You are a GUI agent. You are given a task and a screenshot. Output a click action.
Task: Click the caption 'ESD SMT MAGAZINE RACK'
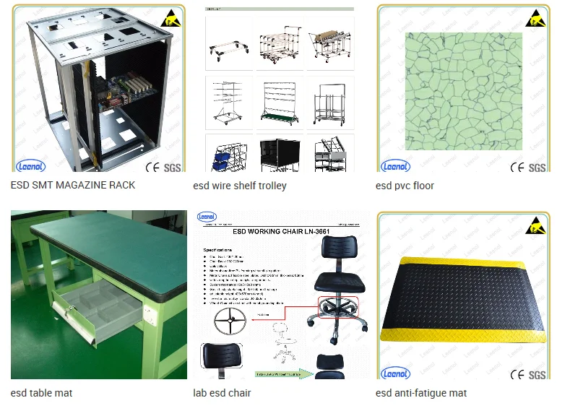coord(73,185)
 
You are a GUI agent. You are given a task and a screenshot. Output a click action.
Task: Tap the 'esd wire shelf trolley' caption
coord(240,186)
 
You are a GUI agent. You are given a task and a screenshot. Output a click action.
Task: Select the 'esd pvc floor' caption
coord(405,186)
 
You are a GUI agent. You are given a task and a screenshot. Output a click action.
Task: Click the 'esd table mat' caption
coord(41,393)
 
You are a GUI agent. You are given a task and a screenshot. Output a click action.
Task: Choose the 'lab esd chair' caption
coord(222,393)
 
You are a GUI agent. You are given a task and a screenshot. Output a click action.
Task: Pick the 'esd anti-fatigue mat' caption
coord(421,393)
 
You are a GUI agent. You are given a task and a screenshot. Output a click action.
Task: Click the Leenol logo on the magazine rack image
coord(30,165)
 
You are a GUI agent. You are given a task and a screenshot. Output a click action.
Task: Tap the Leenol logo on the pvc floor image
coord(395,165)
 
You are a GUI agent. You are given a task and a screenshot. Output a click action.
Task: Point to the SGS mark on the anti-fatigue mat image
coord(537,375)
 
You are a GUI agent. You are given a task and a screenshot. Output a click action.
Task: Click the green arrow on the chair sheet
coord(303,374)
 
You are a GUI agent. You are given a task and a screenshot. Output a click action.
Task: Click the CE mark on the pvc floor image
coord(517,167)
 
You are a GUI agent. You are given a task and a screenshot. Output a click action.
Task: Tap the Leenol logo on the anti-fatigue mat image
coord(395,373)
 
